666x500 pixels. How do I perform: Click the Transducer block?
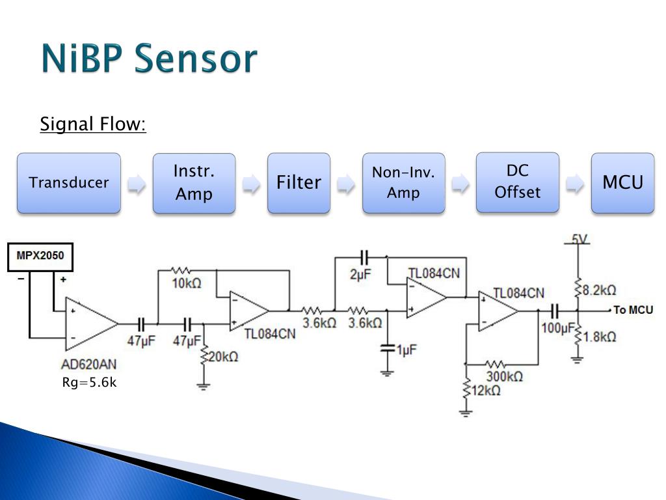pos(69,183)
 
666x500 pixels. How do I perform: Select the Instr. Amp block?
pos(194,183)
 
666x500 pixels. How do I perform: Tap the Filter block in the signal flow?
pos(299,183)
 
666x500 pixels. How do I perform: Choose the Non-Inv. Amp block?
pos(403,183)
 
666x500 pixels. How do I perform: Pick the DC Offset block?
pos(517,182)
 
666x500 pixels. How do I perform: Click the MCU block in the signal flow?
pos(622,183)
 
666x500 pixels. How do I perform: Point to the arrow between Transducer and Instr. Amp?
pos(137,184)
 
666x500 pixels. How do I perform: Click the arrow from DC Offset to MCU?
pos(575,184)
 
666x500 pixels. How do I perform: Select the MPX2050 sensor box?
pos(40,257)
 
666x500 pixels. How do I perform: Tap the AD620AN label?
pos(88,365)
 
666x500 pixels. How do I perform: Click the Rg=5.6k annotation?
pos(89,382)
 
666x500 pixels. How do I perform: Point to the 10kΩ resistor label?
pos(187,283)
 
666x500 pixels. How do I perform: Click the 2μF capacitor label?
pos(360,275)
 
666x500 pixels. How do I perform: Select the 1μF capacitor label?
pos(407,350)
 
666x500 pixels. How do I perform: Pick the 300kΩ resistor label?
pos(505,376)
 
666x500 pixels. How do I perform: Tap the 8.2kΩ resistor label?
pos(599,290)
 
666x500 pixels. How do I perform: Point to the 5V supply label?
pos(578,239)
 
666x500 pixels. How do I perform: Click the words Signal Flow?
pos(93,124)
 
